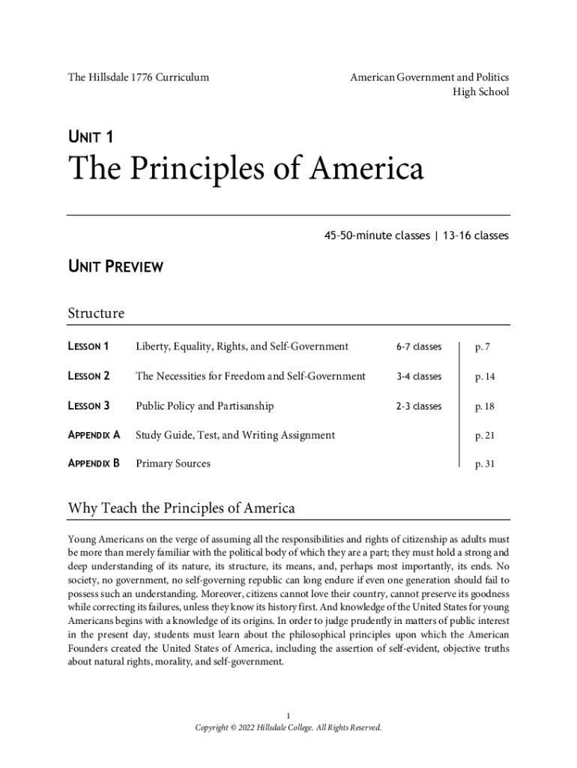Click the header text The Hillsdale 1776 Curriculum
point(139,77)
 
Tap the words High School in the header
point(480,92)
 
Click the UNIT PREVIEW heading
point(115,266)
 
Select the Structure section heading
point(96,313)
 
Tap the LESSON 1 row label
point(89,346)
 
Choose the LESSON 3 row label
point(89,406)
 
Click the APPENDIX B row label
point(94,463)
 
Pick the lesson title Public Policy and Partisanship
point(205,406)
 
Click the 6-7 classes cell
point(419,347)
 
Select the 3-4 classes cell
point(419,376)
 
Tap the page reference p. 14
point(485,376)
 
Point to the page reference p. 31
point(485,464)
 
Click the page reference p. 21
point(485,435)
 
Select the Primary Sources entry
point(173,463)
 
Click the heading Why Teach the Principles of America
point(181,508)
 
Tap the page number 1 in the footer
point(288,714)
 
